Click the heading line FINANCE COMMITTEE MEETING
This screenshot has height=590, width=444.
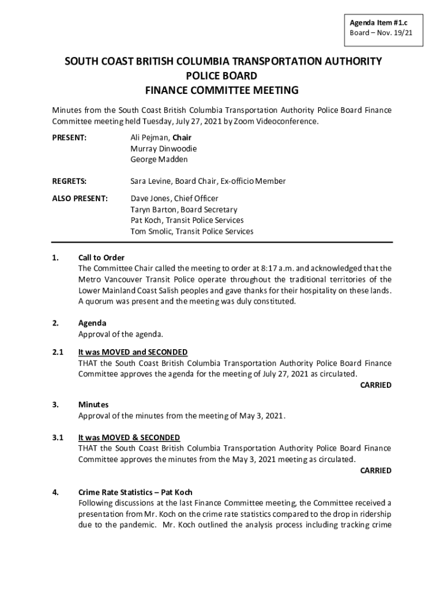pyautogui.click(x=221, y=90)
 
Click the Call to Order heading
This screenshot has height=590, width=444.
pyautogui.click(x=101, y=258)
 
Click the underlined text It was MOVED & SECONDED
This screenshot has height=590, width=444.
pyautogui.click(x=129, y=438)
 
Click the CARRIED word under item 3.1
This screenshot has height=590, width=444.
pyautogui.click(x=375, y=471)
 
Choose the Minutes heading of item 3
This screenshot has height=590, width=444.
pyautogui.click(x=93, y=405)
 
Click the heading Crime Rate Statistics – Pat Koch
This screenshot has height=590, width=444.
pyautogui.click(x=136, y=493)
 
